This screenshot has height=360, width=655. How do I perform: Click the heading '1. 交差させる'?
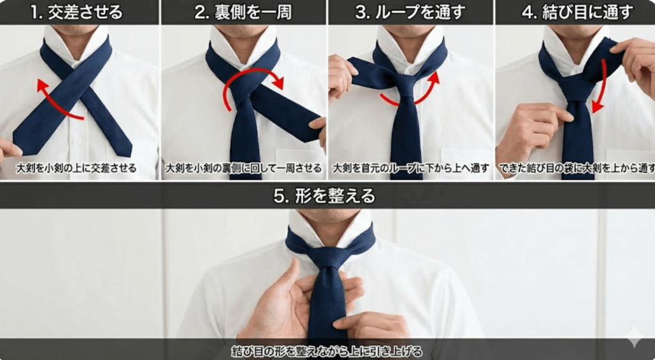tap(79, 12)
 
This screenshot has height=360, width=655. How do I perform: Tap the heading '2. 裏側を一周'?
tap(243, 12)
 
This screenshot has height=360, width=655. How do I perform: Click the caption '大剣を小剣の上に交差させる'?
tap(77, 169)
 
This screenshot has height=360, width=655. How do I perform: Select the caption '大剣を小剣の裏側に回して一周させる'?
tap(243, 169)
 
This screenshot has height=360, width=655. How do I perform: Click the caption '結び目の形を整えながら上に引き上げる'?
tap(326, 352)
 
